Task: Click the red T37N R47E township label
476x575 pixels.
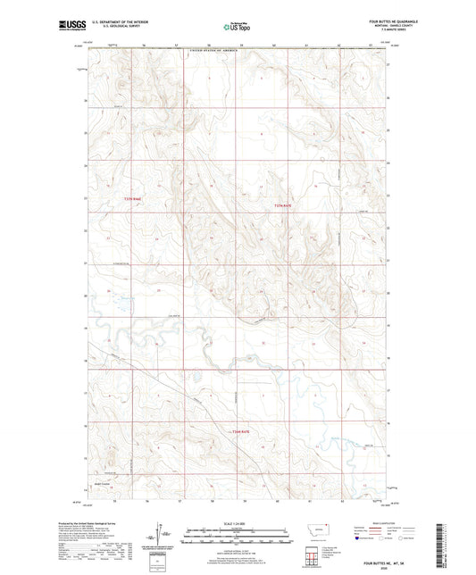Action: (282, 205)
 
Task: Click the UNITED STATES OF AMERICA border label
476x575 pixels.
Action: (218, 53)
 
